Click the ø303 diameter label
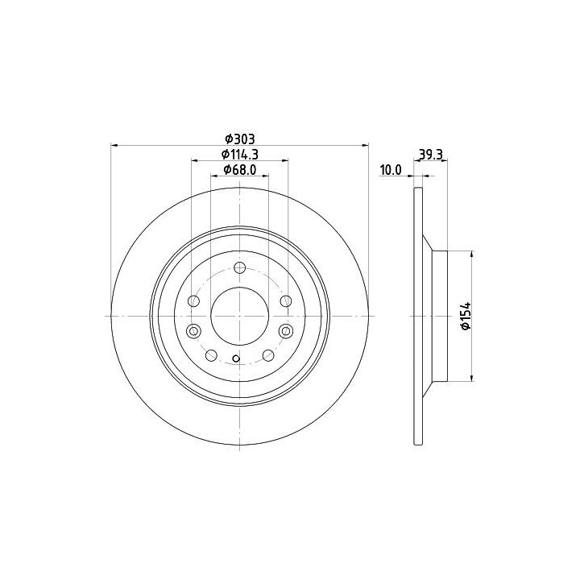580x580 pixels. (x=240, y=139)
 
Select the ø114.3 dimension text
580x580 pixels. (x=240, y=154)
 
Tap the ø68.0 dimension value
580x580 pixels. (x=240, y=170)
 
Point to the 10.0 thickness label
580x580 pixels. (x=391, y=170)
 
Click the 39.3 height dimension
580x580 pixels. (x=430, y=154)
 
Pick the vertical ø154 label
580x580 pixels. (x=466, y=316)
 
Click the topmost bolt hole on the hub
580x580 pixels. (x=240, y=267)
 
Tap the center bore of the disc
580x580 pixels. (x=240, y=316)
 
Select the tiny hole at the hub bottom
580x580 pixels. (x=235, y=358)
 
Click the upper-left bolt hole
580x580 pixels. (x=194, y=300)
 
